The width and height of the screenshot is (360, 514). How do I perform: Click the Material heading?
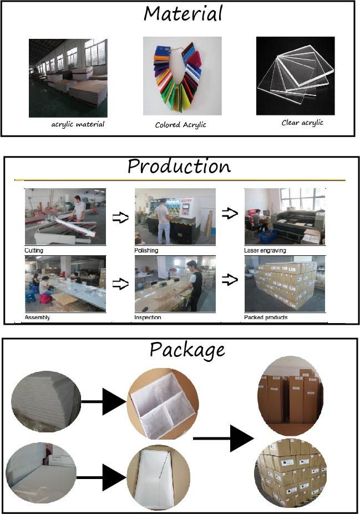coord(184,13)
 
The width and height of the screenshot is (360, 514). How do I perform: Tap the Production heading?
coord(179,167)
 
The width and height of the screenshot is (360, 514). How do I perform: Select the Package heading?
coord(187,350)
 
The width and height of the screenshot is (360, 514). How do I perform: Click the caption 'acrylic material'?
coord(78,124)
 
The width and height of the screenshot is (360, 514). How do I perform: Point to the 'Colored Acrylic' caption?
coord(180,125)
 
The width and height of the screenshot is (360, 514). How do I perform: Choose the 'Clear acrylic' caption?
coord(302,123)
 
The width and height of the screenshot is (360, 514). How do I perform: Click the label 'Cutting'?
coord(34,250)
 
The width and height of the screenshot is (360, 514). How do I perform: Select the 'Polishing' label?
coord(146,250)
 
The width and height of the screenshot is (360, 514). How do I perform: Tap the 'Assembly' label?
coord(37,318)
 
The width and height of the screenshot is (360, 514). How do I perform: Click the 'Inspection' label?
coord(148,318)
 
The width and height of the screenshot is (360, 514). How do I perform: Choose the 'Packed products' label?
coord(266,318)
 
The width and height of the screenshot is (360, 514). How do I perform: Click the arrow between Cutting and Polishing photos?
coord(120,218)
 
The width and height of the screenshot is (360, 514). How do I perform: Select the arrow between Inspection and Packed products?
coord(230,281)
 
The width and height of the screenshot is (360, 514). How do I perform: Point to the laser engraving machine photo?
coord(285,216)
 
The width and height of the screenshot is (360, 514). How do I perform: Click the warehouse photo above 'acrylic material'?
coord(68,78)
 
